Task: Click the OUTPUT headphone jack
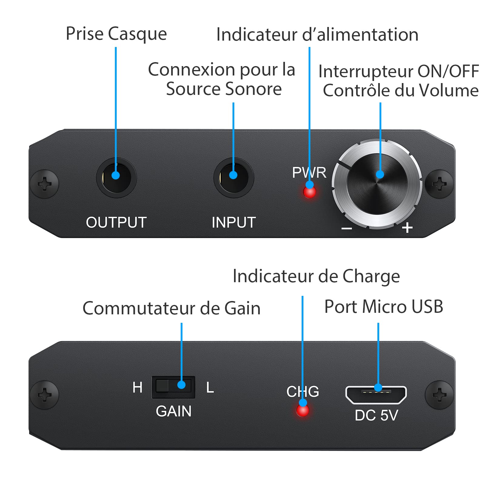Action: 116,177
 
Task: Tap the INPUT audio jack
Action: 233,177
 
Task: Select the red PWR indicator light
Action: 309,191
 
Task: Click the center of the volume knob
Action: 377,184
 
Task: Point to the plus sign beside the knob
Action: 407,227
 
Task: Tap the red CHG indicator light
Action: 303,410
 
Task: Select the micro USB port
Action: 376,395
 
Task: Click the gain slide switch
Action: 173,387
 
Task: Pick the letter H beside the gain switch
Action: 137,387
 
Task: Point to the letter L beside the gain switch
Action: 210,387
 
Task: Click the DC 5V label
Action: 376,415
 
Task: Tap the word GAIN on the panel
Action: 173,411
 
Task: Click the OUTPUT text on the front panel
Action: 116,222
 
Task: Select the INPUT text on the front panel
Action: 234,222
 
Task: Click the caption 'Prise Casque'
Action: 116,34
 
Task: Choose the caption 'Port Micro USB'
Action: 384,306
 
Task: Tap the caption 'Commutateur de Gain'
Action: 172,308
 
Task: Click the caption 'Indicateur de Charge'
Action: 316,276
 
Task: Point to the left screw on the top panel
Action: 44,184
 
